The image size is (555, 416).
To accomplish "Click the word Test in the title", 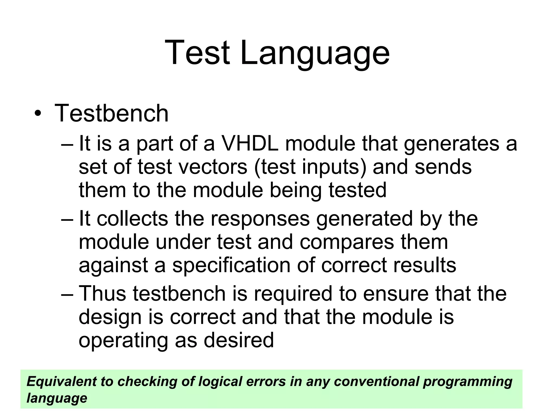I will (x=197, y=53).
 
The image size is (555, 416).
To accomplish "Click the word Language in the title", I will (x=315, y=53).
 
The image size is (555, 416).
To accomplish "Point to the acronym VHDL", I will (x=250, y=144).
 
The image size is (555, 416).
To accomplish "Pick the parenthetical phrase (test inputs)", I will (x=310, y=167).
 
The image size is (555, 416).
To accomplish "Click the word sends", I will (x=443, y=167).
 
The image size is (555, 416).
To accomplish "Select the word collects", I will (x=132, y=219).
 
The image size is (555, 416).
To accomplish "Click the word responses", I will (x=260, y=219).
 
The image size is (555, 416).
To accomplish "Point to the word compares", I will (x=347, y=242).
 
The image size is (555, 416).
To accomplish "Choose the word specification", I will (x=231, y=265).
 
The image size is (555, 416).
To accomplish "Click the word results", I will (x=425, y=265).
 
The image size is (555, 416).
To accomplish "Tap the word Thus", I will (x=102, y=294).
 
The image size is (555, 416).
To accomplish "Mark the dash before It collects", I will (x=67, y=219).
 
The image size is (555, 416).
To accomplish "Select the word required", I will (x=293, y=294).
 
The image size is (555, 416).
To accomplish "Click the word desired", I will (x=238, y=340).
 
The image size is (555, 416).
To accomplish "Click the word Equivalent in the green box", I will (x=62, y=381).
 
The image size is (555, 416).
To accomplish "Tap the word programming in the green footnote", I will (x=467, y=381).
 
